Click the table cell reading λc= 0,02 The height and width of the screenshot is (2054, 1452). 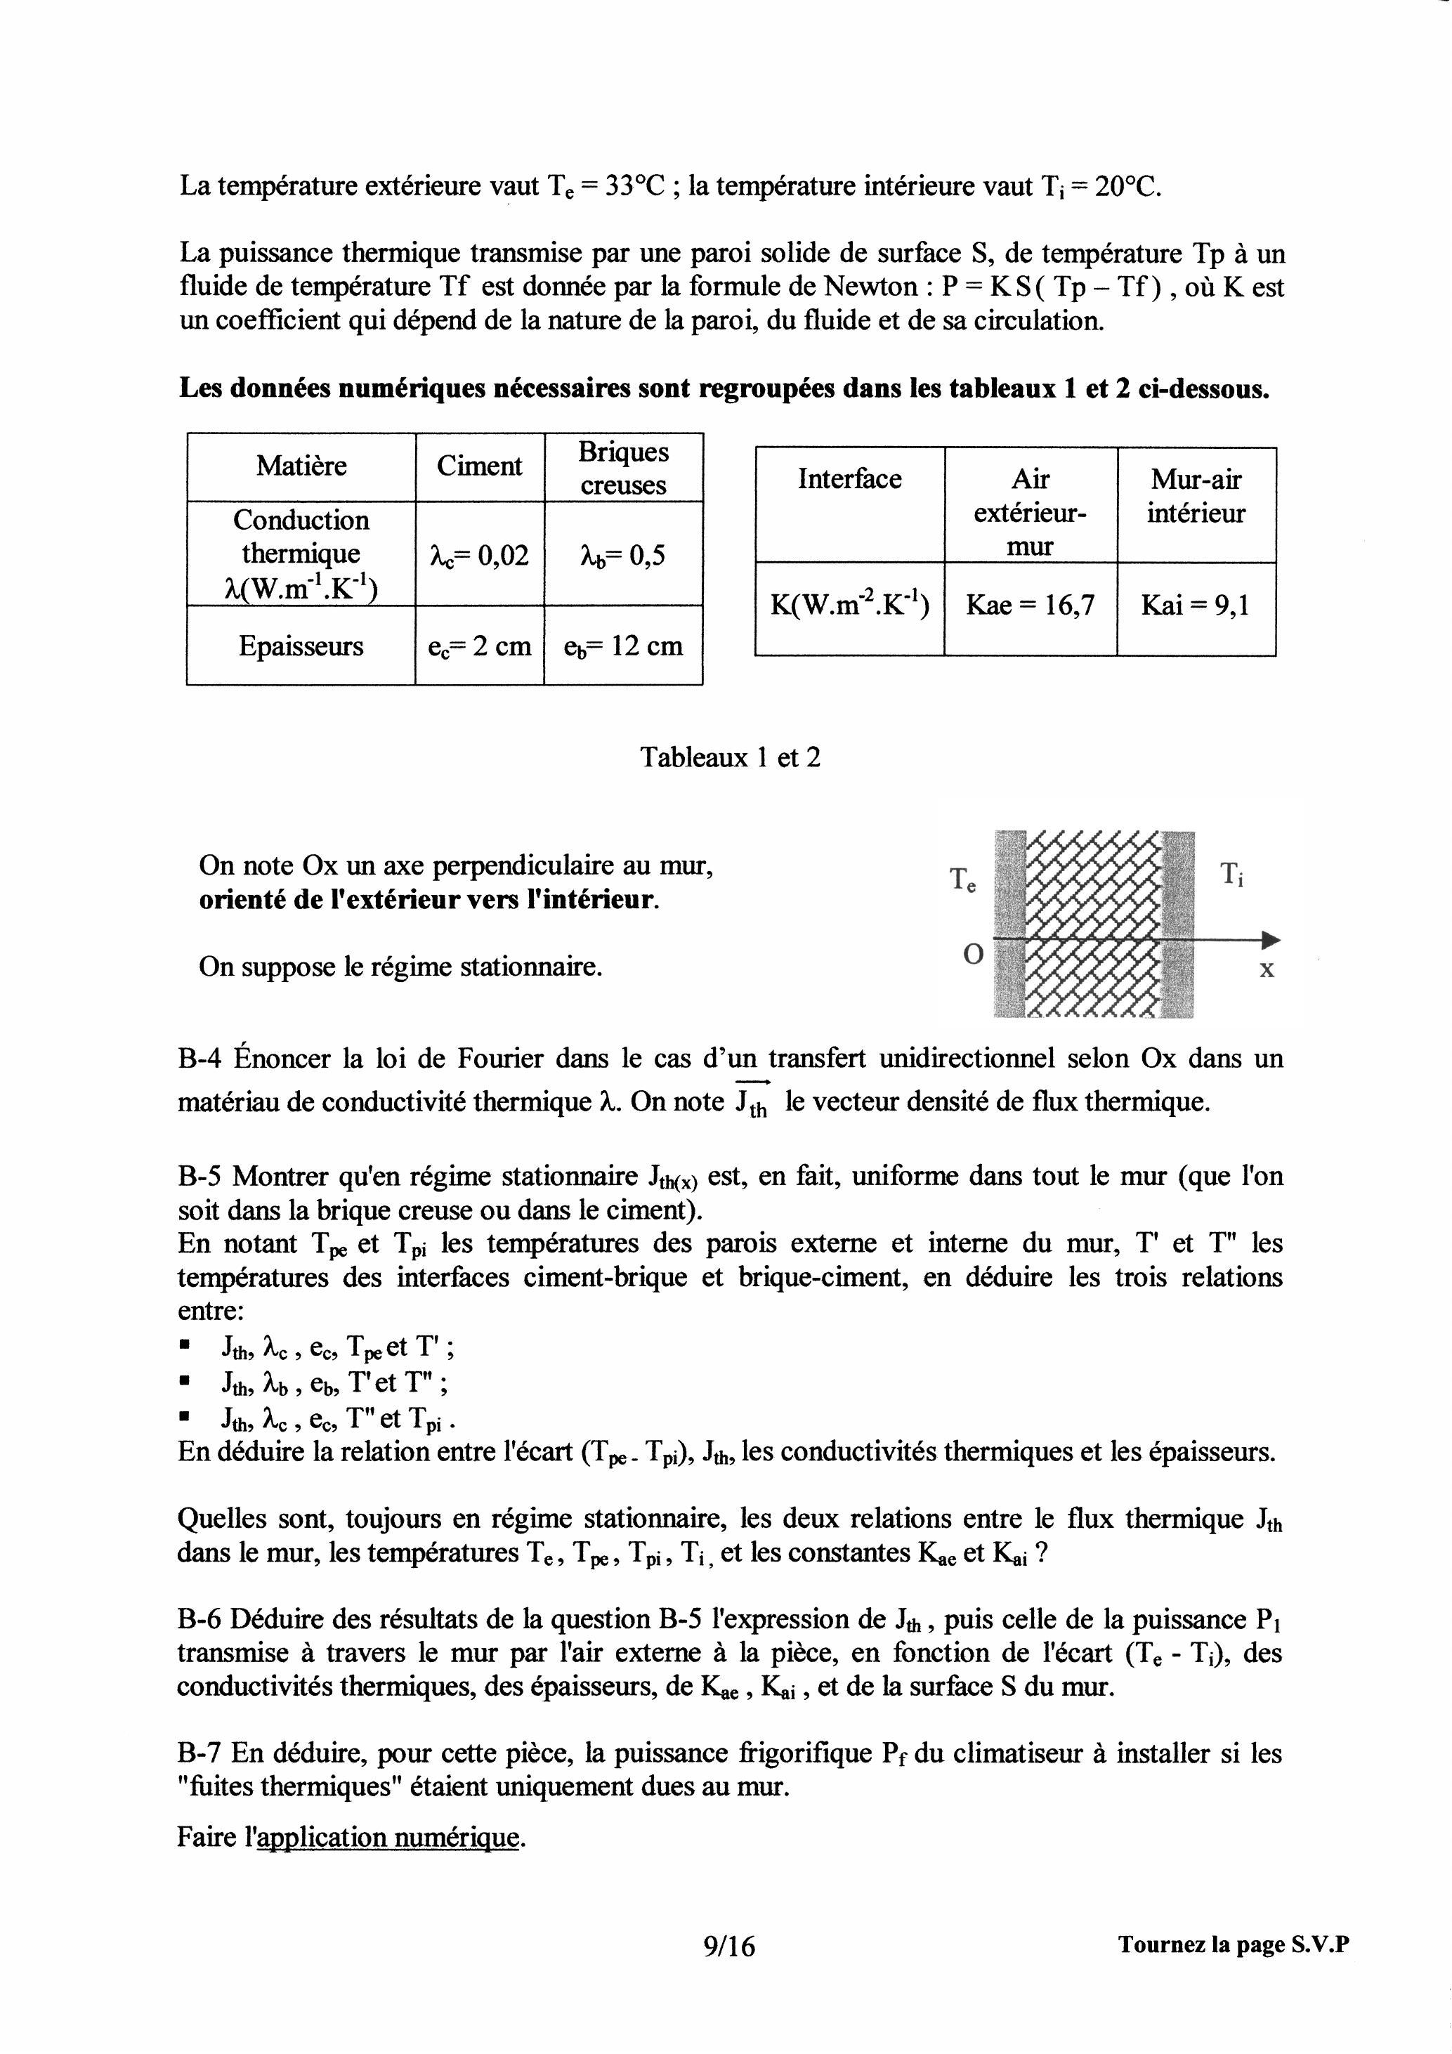point(480,556)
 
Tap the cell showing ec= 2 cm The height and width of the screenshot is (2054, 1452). point(480,646)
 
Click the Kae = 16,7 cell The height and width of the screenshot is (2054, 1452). point(1030,606)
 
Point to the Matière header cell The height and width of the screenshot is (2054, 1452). point(301,466)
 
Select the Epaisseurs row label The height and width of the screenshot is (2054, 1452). point(301,646)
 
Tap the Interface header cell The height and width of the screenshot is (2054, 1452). point(849,480)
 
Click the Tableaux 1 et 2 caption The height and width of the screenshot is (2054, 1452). point(730,758)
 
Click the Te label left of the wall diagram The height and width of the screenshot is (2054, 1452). point(962,879)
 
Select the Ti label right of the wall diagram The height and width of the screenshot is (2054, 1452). point(1232,873)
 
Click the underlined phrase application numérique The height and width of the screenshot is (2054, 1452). point(388,1838)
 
